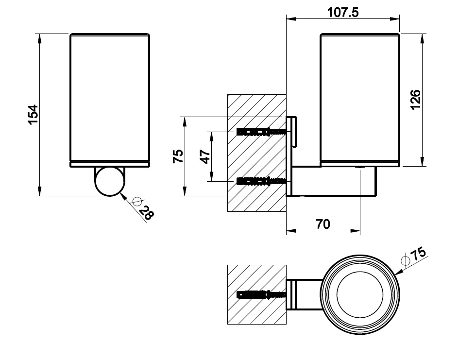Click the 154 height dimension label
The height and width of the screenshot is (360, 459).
[x=33, y=115]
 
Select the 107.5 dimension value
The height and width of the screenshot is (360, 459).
[x=343, y=13]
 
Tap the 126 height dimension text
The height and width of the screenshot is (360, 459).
[x=415, y=100]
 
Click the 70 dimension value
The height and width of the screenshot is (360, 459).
[x=323, y=224]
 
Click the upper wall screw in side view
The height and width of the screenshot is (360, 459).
[x=260, y=132]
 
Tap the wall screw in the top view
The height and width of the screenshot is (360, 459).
[x=260, y=294]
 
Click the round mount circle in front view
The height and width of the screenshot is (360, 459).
[x=108, y=181]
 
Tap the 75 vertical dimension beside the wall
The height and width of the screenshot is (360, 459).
[x=178, y=156]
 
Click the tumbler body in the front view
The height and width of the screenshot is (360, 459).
[x=109, y=100]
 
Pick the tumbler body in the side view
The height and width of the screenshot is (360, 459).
[x=359, y=100]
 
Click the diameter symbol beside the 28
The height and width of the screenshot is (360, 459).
[x=136, y=202]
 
